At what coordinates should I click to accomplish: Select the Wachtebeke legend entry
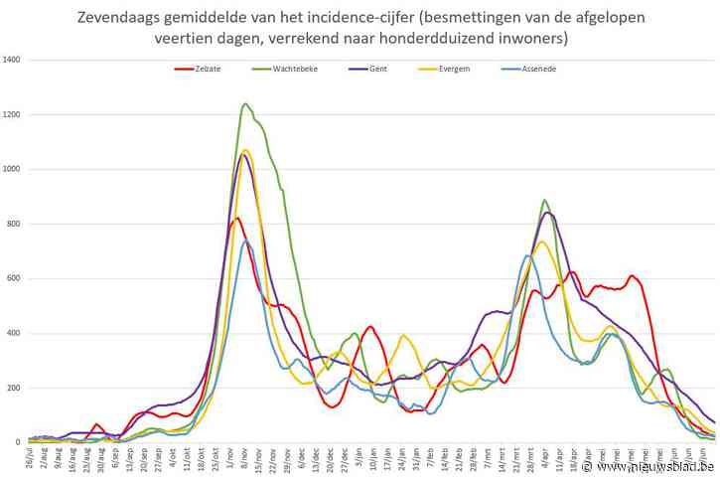click(x=281, y=69)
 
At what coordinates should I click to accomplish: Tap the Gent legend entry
click(x=371, y=69)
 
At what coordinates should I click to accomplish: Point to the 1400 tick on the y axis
click(x=13, y=61)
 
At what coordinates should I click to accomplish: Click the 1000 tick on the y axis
click(x=13, y=170)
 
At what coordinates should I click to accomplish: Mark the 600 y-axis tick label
click(x=15, y=278)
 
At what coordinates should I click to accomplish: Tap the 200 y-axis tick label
click(x=15, y=388)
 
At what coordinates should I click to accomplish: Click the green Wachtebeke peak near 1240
click(x=245, y=103)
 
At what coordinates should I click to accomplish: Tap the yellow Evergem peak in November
click(x=245, y=150)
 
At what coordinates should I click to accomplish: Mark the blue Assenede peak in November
click(x=245, y=240)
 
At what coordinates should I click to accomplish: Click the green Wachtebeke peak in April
click(x=544, y=200)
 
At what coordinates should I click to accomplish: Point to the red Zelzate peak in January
click(x=370, y=326)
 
